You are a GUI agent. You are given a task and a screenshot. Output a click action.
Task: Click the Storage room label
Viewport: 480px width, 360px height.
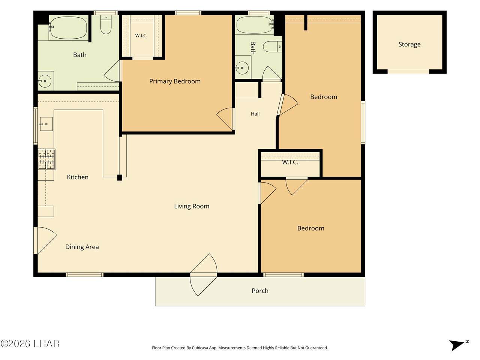tap(409, 44)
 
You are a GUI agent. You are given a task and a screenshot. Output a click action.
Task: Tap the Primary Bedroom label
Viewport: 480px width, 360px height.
tap(175, 81)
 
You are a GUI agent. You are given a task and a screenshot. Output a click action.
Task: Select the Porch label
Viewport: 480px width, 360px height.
tap(260, 291)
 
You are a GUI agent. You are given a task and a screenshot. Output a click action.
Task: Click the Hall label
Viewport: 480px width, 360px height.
tap(255, 114)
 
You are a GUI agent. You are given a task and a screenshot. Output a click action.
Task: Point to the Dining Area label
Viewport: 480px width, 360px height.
tap(82, 247)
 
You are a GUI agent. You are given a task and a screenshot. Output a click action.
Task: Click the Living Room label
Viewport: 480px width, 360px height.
tap(192, 206)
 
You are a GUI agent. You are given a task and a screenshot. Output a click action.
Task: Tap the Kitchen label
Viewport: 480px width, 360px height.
tap(78, 177)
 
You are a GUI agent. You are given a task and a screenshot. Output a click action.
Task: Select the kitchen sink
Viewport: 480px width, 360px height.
tap(46, 124)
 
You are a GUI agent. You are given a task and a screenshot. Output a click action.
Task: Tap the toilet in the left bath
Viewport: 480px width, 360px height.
tap(106, 24)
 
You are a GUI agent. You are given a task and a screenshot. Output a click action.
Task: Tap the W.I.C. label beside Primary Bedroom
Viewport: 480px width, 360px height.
tap(141, 36)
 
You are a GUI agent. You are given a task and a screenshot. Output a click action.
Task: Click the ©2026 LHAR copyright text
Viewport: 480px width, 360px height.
tap(30, 344)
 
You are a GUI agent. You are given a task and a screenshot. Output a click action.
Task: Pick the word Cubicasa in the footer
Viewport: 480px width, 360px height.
tap(200, 348)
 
